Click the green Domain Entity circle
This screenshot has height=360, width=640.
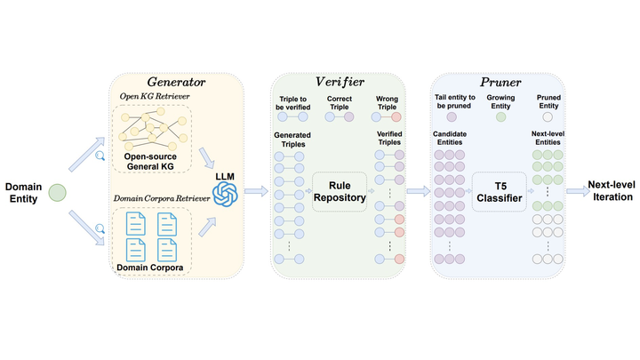pyautogui.click(x=57, y=191)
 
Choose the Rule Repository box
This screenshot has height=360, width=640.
pyautogui.click(x=340, y=192)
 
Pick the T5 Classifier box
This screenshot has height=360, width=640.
pyautogui.click(x=498, y=192)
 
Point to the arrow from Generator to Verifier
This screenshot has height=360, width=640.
pyautogui.click(x=256, y=191)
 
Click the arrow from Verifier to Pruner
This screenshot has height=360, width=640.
pyautogui.click(x=417, y=191)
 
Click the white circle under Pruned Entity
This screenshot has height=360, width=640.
pyautogui.click(x=547, y=116)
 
